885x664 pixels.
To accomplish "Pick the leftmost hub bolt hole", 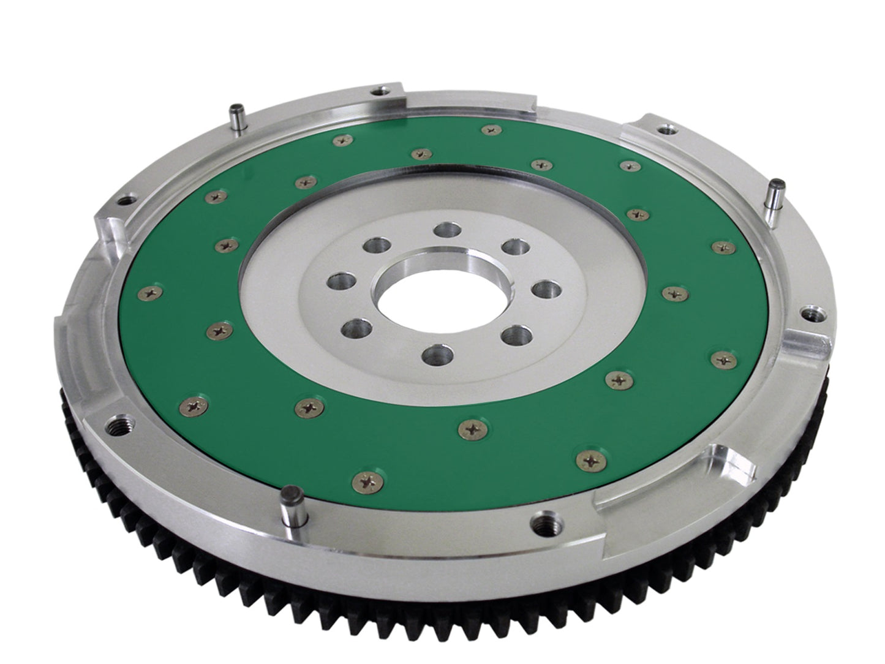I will pos(338,282).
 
